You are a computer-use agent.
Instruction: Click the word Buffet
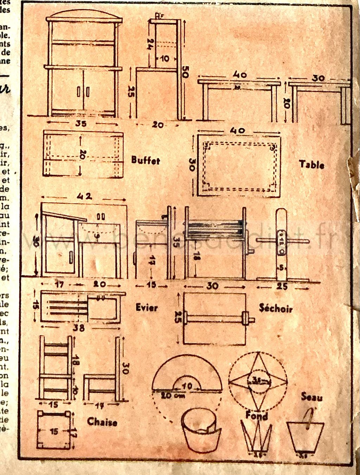(x=146, y=161)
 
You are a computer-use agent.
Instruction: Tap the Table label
(x=311, y=164)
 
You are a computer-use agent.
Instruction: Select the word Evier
(x=147, y=308)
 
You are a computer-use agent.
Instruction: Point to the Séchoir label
(x=276, y=308)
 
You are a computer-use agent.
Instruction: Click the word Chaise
(x=102, y=422)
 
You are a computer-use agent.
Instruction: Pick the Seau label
(x=311, y=397)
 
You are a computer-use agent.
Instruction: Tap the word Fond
(x=257, y=416)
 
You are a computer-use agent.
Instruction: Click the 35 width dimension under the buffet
(x=81, y=123)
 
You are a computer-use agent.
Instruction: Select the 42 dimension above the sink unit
(x=84, y=196)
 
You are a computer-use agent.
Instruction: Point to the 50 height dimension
(x=185, y=74)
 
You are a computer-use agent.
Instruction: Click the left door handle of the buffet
(x=78, y=92)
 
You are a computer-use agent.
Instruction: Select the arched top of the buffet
(x=84, y=15)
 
